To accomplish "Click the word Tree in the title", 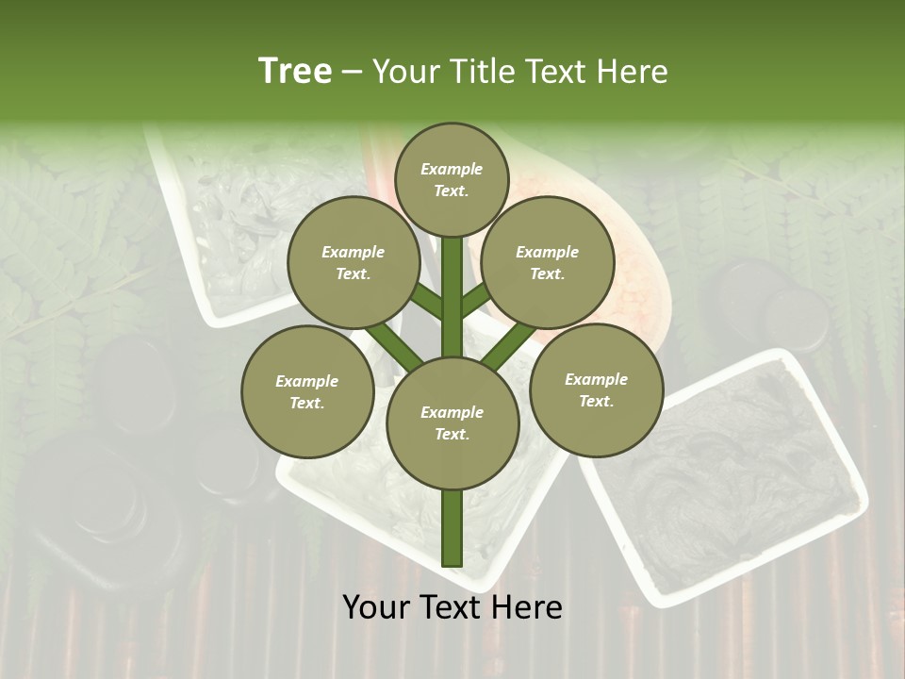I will [x=295, y=71].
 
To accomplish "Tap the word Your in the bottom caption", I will [x=379, y=607].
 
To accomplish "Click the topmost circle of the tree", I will [x=452, y=179].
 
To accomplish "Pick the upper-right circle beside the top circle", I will [x=547, y=262].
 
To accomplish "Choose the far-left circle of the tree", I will [x=306, y=391].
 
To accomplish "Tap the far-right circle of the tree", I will [x=596, y=389].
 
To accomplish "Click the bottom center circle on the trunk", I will [x=452, y=422].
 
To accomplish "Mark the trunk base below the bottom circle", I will [x=452, y=528].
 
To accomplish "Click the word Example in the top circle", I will [x=452, y=169].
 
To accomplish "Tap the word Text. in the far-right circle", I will [x=596, y=401].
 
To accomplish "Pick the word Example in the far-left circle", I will [x=306, y=381].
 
